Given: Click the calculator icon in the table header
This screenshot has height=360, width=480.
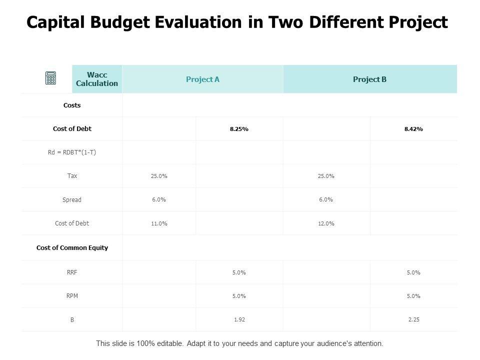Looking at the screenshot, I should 50,78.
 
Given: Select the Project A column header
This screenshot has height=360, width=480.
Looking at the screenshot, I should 202,79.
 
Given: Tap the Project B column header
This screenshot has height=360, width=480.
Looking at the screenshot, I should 369,79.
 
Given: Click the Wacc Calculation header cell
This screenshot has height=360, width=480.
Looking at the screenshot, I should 97,79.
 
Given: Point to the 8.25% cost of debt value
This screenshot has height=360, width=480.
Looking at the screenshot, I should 239,129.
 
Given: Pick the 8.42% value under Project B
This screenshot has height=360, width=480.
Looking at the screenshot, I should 413,129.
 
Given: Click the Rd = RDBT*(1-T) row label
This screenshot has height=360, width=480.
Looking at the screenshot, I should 72,152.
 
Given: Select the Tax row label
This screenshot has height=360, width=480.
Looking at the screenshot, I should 72,176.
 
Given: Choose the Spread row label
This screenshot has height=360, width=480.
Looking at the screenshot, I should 72,199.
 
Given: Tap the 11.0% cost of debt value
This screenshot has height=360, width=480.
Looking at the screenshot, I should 159,223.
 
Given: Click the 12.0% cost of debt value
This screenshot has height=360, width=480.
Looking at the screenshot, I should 326,223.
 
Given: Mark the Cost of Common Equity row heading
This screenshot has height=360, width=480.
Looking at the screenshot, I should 72,247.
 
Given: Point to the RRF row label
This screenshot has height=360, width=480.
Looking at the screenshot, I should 72,272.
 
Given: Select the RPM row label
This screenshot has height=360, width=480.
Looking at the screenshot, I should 72,295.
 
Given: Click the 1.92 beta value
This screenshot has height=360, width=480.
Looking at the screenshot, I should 239,319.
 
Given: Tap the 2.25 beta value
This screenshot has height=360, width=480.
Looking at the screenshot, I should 413,319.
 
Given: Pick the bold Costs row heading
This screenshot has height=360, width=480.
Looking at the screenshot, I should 72,105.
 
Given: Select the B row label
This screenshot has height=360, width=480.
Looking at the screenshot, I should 72,319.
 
